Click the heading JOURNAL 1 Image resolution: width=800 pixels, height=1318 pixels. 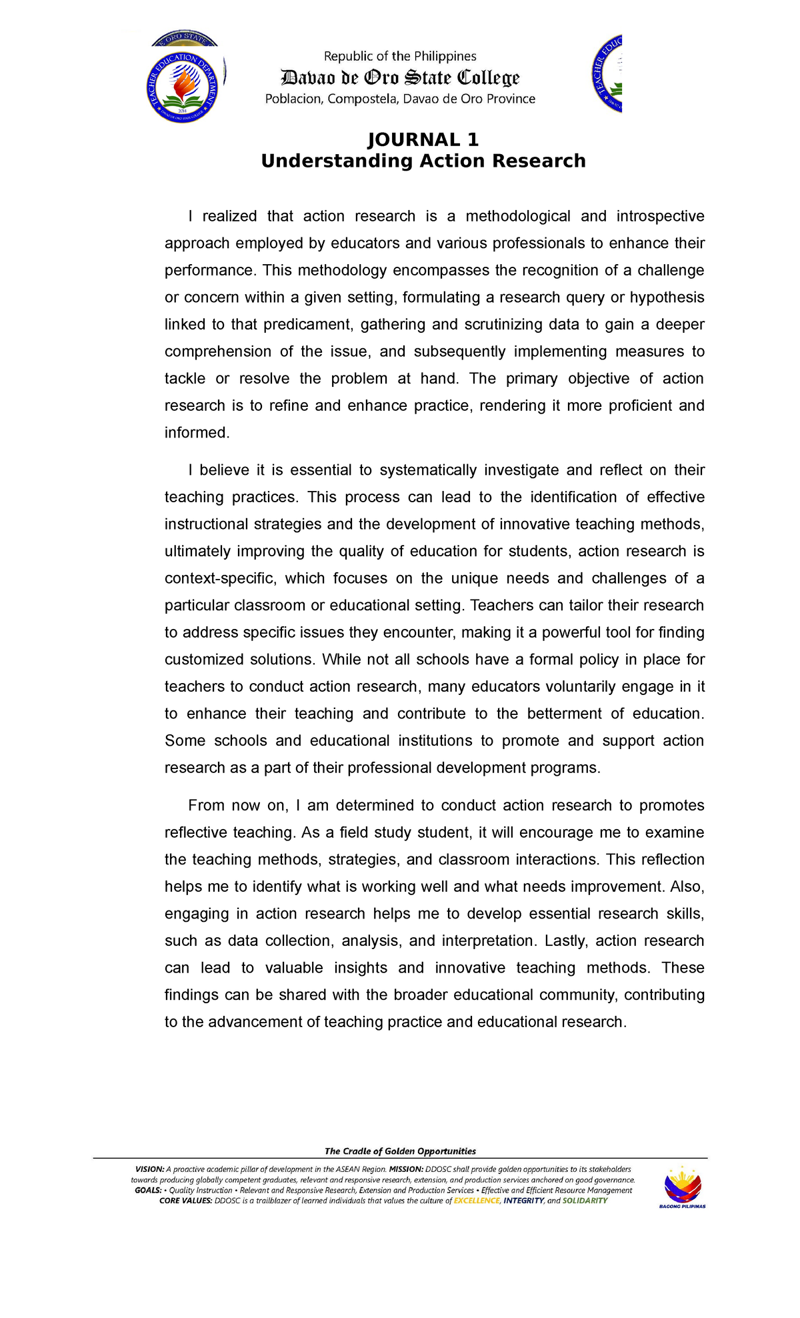[423, 139]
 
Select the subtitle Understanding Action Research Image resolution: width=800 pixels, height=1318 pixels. [423, 161]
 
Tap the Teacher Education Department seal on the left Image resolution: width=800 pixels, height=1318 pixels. [183, 87]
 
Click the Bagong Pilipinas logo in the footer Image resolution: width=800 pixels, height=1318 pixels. [682, 1188]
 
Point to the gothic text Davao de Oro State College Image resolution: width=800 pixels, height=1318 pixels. [400, 78]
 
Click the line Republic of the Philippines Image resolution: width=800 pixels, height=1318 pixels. [400, 56]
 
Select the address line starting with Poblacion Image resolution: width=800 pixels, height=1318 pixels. [400, 99]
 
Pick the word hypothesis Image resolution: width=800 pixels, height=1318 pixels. [667, 297]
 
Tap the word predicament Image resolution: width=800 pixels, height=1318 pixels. [307, 325]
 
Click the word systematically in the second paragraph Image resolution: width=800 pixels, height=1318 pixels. [428, 470]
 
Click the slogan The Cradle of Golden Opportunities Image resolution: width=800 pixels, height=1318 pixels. [400, 1151]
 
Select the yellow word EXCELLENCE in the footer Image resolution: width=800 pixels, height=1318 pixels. [477, 1201]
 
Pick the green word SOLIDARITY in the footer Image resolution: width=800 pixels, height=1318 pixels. [585, 1201]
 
